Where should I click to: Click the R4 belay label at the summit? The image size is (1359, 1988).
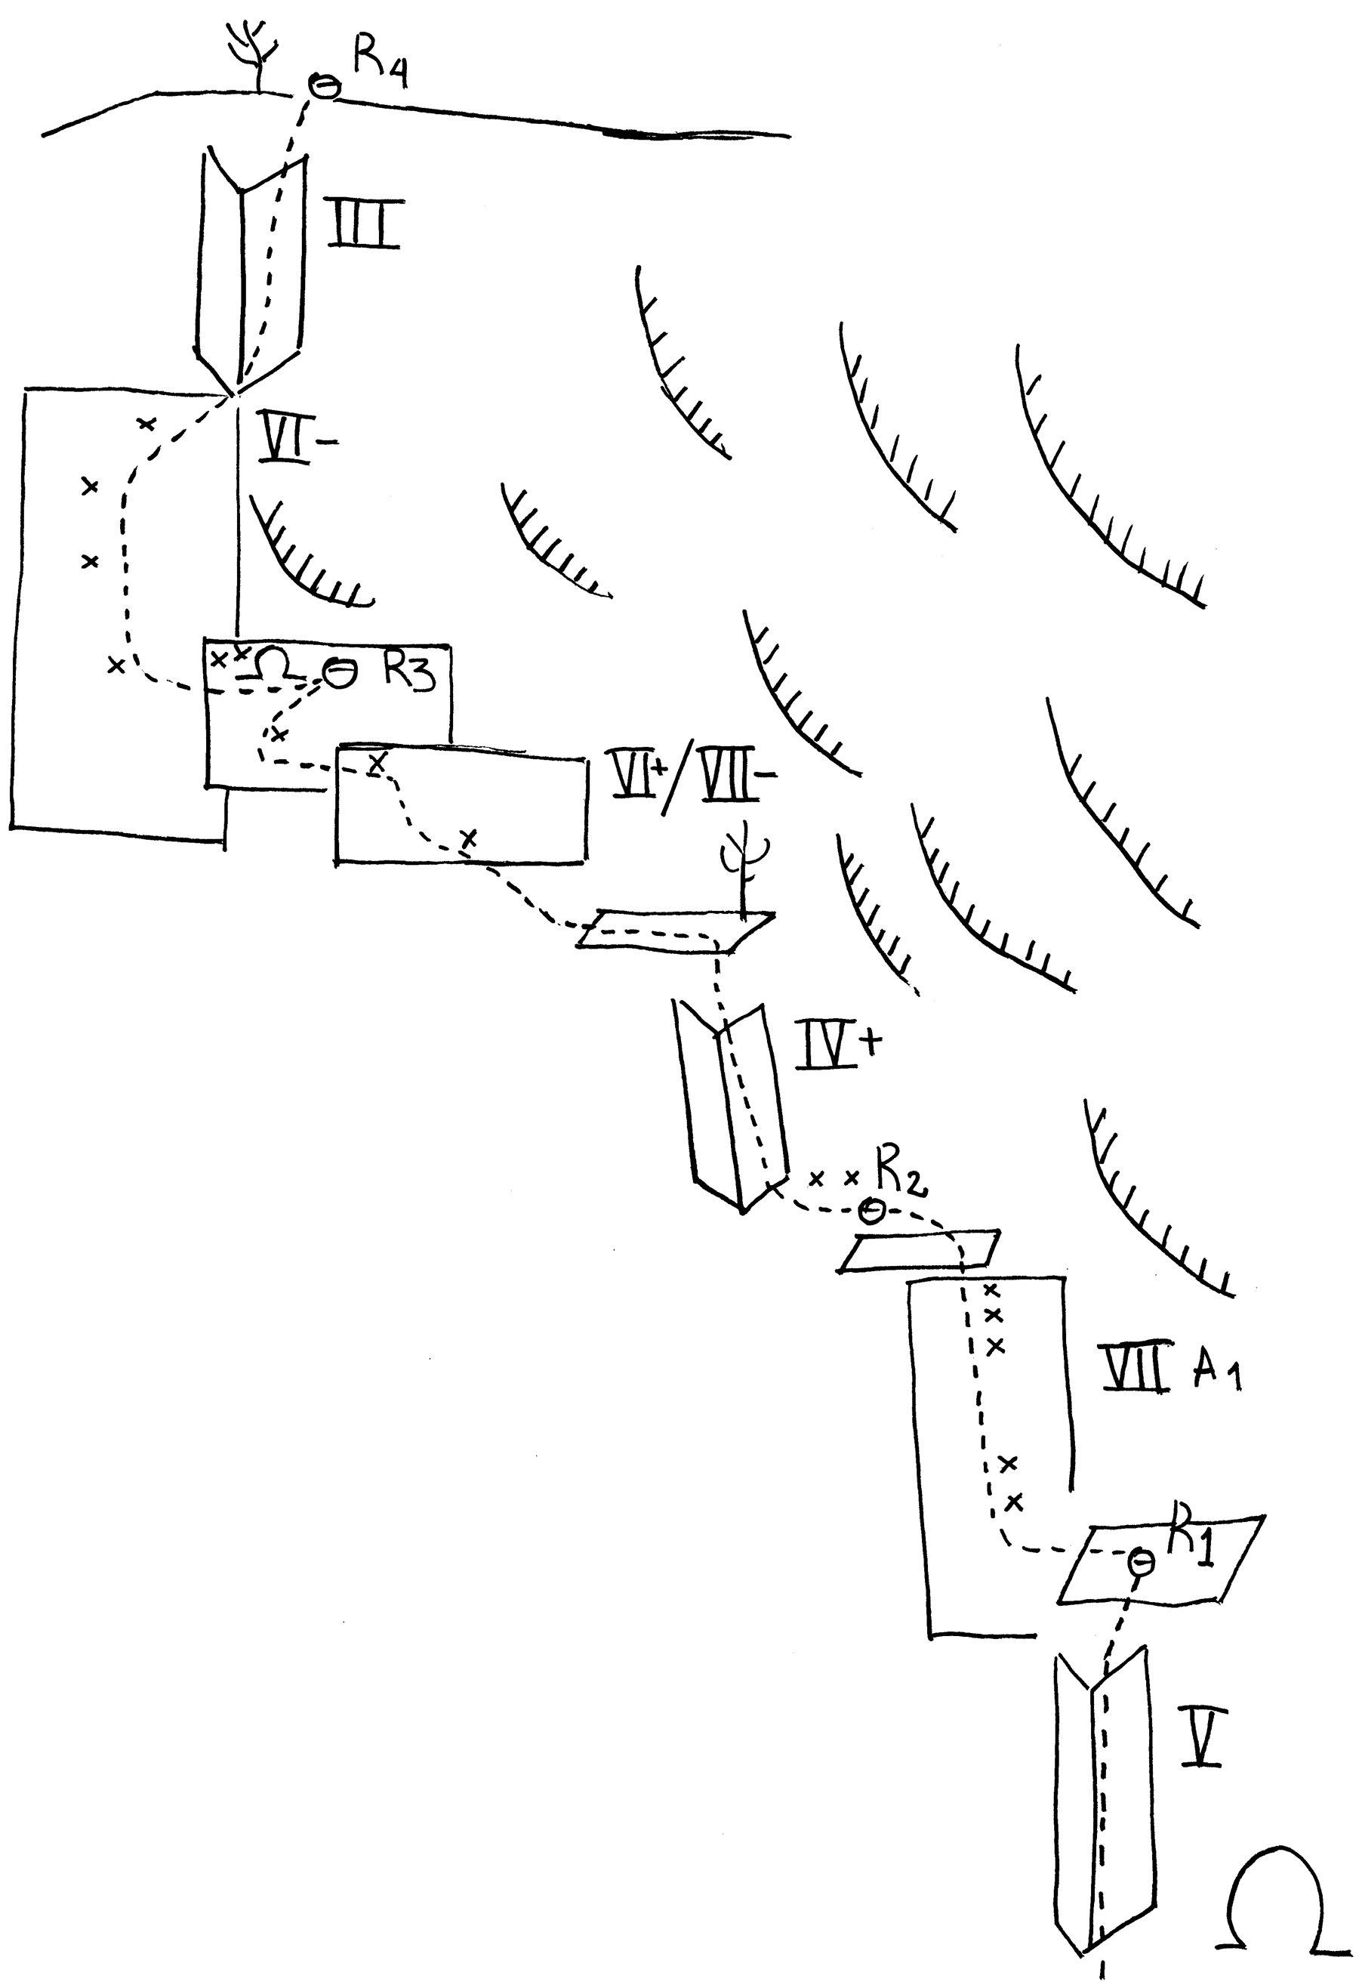click(x=379, y=64)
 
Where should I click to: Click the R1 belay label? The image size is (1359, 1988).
click(x=1192, y=1538)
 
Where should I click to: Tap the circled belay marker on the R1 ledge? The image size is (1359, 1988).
click(x=1141, y=1562)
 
